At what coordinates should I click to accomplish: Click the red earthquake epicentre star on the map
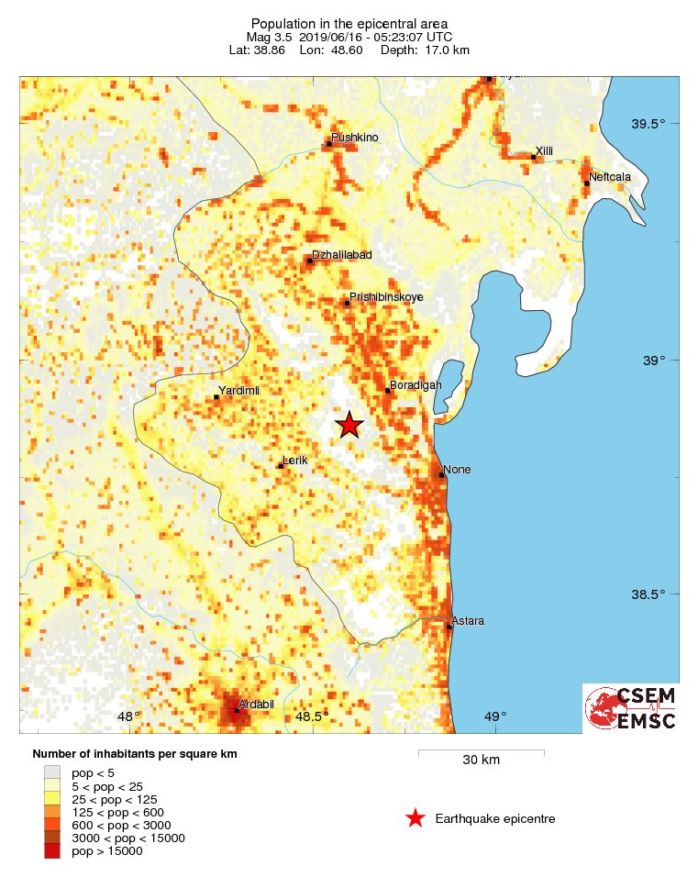[x=349, y=425]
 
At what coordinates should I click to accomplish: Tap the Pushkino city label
[x=355, y=138]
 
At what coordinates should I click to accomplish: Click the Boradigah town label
[x=415, y=385]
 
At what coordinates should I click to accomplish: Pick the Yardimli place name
[x=238, y=391]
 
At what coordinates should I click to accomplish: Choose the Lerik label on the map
[x=296, y=460]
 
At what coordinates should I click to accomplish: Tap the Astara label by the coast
[x=468, y=621]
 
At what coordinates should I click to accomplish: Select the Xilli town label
[x=545, y=151]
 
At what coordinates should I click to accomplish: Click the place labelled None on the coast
[x=457, y=470]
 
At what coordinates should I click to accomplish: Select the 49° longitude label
[x=494, y=716]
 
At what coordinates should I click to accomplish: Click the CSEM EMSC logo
[x=631, y=708]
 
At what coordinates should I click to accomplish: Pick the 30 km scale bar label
[x=481, y=760]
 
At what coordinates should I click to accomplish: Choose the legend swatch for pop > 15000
[x=52, y=851]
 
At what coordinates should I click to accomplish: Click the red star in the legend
[x=415, y=818]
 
